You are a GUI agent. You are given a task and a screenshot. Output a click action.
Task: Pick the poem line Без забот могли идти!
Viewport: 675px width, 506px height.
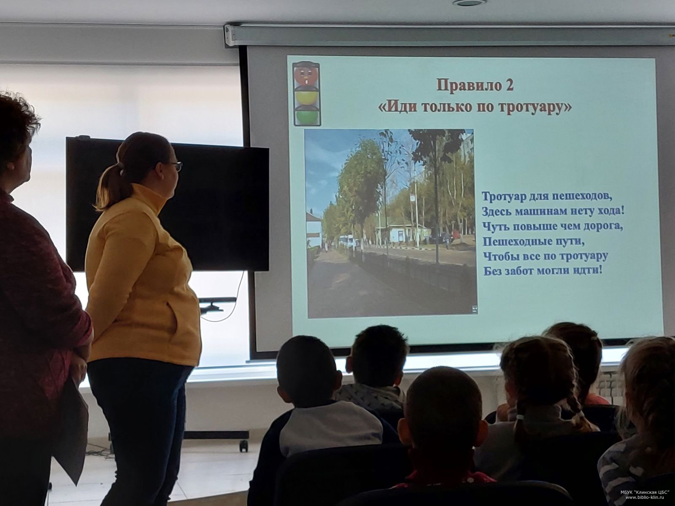point(542,271)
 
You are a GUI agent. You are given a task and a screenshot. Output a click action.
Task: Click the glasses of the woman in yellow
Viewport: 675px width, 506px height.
point(176,166)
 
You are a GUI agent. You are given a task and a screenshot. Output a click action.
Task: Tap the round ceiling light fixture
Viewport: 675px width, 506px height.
point(469,3)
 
